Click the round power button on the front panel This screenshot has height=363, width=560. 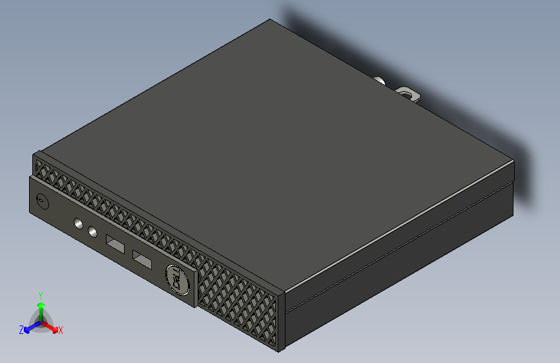coord(42,201)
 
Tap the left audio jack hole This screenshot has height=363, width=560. coord(79,224)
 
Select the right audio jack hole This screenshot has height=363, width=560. coord(92,230)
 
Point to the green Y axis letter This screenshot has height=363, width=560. coord(40,295)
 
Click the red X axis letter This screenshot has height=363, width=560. coord(61,330)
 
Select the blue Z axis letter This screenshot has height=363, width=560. coord(21,329)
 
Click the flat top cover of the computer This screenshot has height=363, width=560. coord(271,149)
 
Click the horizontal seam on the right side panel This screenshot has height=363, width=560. coord(400,245)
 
